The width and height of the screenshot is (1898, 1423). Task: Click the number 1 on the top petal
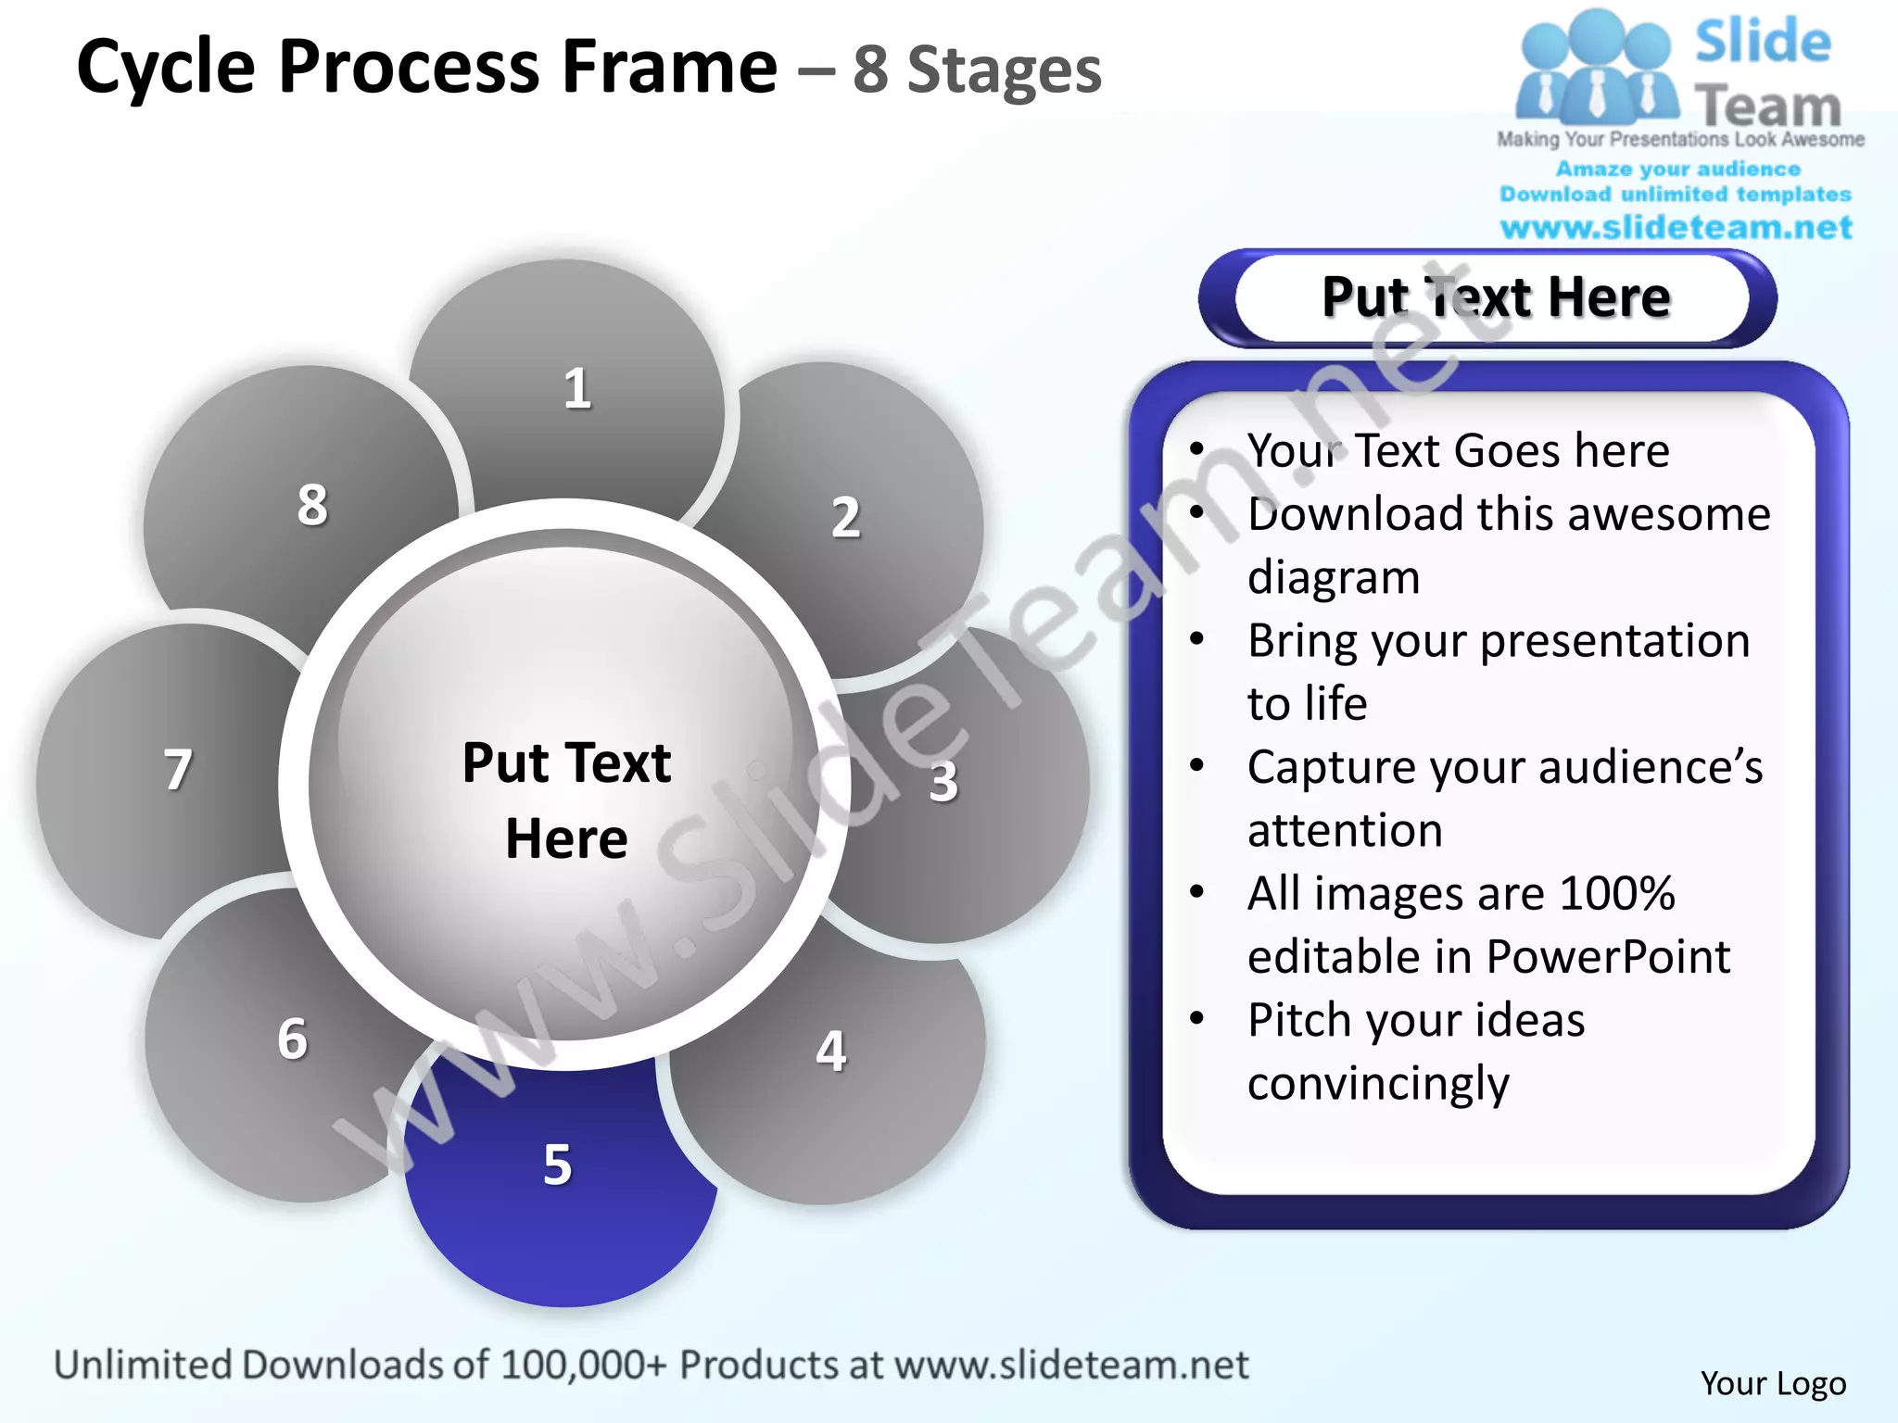coord(577,388)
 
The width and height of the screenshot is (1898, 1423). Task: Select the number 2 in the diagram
coord(845,517)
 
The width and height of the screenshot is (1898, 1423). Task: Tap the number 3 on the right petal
coord(943,781)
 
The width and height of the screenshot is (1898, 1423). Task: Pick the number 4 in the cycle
coord(831,1052)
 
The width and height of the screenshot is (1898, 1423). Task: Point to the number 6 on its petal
coord(293,1039)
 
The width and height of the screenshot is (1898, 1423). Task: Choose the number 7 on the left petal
coord(178,770)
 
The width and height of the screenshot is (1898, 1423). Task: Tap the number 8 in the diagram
coord(312,505)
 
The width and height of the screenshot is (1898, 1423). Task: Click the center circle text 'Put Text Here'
coord(566,800)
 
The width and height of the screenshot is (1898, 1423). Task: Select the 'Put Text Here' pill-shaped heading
coord(1495,297)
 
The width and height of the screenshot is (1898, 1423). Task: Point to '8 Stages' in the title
coord(977,70)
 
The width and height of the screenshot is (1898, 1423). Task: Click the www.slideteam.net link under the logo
coord(1676,227)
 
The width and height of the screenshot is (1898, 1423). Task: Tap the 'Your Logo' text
coord(1773,1383)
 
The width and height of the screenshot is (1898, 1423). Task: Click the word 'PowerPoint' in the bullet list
coord(1608,956)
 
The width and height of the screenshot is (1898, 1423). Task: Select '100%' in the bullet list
coord(1617,893)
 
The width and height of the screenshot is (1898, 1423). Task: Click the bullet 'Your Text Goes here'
coord(1458,451)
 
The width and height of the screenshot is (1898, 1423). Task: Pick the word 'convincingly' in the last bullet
coord(1378,1083)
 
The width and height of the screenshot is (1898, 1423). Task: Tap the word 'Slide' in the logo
coord(1763,43)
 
